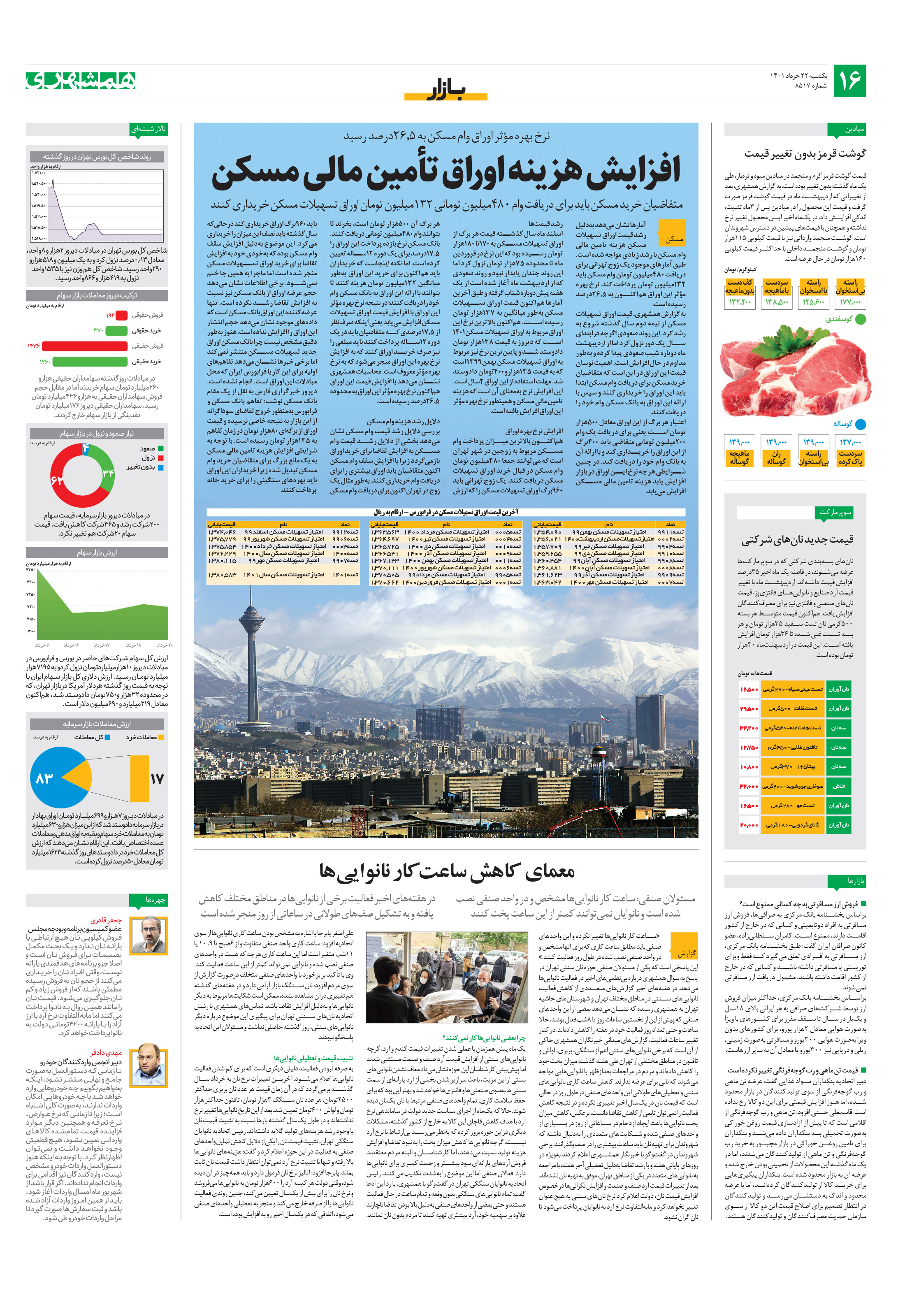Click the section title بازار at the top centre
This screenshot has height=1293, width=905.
446,90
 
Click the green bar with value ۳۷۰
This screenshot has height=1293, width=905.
116,331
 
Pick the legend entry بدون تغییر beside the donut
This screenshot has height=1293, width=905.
141,467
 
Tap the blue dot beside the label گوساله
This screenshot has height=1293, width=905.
860,424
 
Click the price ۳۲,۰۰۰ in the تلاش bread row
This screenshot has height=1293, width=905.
748,786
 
